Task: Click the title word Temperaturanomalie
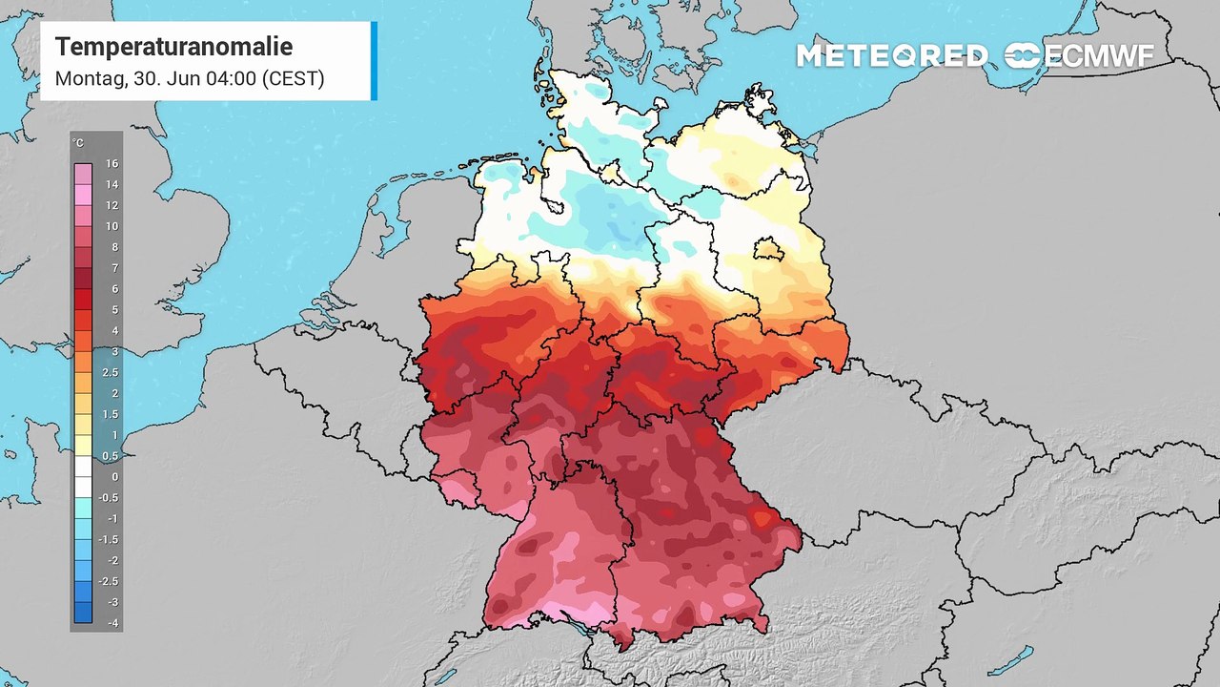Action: pyautogui.click(x=173, y=47)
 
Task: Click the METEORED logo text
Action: pyautogui.click(x=892, y=56)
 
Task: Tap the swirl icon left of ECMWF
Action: pyautogui.click(x=1023, y=56)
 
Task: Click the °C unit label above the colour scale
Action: pyautogui.click(x=78, y=143)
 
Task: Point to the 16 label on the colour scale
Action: pyautogui.click(x=112, y=164)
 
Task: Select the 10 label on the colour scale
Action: pyautogui.click(x=112, y=226)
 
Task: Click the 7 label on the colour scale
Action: pyautogui.click(x=112, y=268)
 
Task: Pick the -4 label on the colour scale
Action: pyautogui.click(x=112, y=623)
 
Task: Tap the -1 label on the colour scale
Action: pyautogui.click(x=112, y=518)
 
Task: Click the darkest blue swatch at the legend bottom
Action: pyautogui.click(x=84, y=613)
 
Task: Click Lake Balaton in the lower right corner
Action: pyautogui.click(x=1011, y=658)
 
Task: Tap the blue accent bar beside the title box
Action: pyautogui.click(x=374, y=61)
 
